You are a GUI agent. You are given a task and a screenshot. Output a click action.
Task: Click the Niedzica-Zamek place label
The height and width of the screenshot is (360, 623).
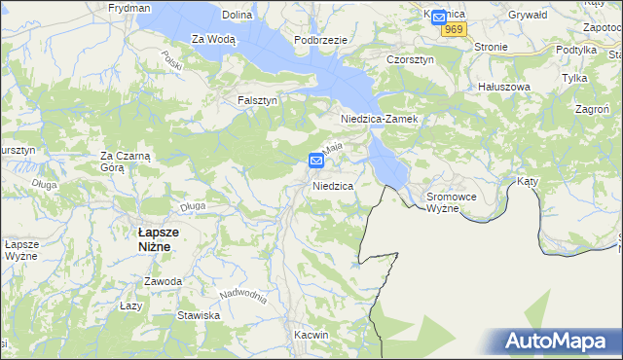(379, 119)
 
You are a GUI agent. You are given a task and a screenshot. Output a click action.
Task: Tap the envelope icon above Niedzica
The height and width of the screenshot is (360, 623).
(316, 161)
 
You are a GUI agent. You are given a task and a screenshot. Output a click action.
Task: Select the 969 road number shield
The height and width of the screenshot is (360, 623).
(452, 30)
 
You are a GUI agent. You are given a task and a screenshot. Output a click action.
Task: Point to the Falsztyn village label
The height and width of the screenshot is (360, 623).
(258, 100)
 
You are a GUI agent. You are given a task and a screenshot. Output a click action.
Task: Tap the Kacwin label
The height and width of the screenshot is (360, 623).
(311, 334)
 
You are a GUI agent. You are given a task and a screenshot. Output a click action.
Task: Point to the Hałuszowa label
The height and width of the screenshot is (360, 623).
(503, 87)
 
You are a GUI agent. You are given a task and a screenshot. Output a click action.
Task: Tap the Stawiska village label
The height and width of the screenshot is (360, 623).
(199, 315)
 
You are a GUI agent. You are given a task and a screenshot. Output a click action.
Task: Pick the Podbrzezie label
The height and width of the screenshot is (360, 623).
(320, 39)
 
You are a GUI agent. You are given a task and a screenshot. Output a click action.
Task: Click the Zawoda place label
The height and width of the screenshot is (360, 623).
(163, 281)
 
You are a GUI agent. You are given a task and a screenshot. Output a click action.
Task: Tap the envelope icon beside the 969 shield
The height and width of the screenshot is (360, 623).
(438, 17)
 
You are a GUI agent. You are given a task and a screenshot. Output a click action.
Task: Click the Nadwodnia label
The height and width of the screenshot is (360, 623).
(243, 295)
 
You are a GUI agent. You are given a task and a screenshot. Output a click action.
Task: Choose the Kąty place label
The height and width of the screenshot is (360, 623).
(528, 182)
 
